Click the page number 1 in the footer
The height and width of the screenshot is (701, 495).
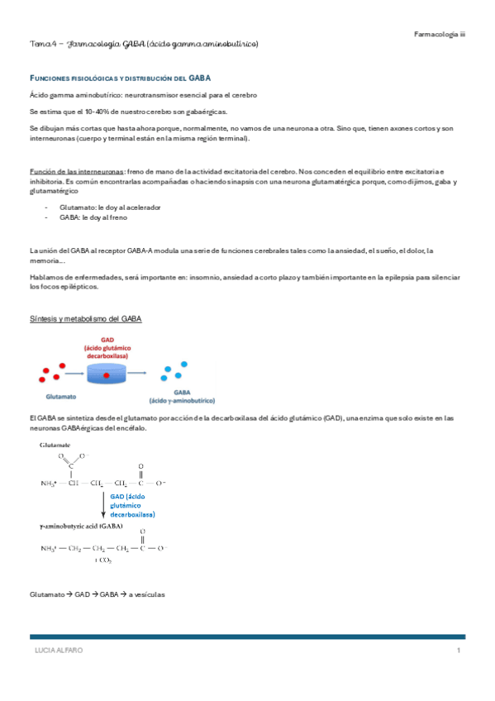[x=457, y=651]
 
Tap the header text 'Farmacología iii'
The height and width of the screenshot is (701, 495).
[x=440, y=34]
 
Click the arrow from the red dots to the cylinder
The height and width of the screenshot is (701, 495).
[x=69, y=373]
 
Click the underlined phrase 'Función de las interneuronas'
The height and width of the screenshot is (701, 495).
[x=74, y=171]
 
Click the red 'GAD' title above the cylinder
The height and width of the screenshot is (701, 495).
[x=107, y=339]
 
